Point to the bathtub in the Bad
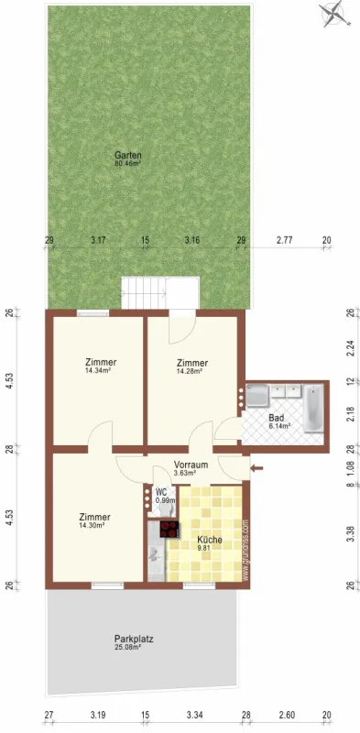(x=313, y=410)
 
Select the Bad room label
(x=276, y=417)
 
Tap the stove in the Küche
(x=169, y=529)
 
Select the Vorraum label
(x=191, y=465)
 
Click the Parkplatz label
(x=133, y=639)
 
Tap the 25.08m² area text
(x=133, y=648)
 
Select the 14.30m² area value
(x=94, y=525)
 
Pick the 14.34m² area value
(x=98, y=371)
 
